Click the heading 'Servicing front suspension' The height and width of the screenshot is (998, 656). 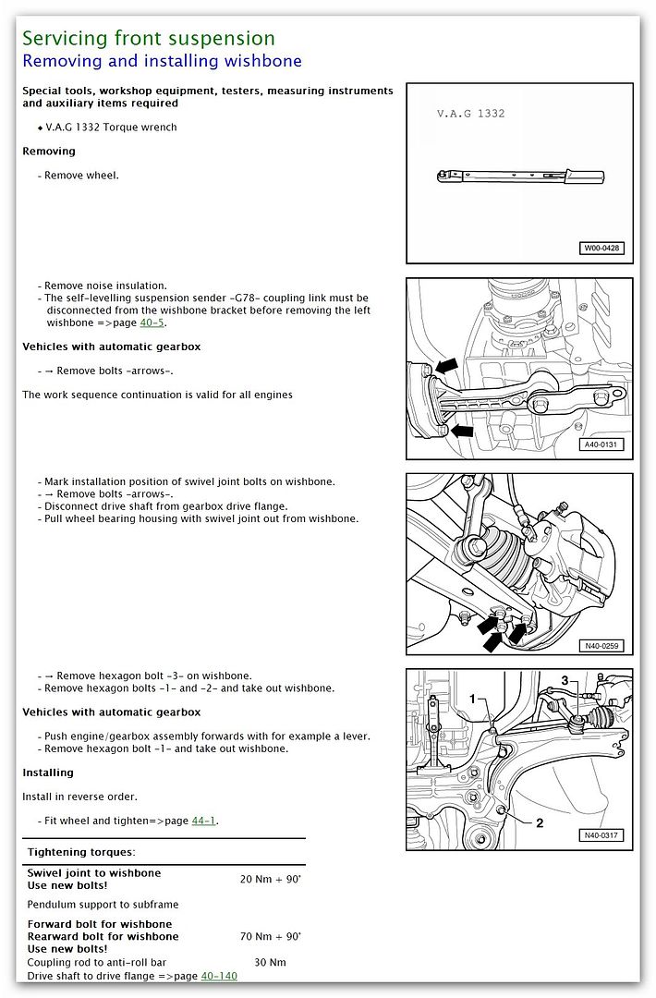[148, 39]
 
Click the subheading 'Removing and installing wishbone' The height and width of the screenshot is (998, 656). [162, 62]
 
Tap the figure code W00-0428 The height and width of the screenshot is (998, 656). [601, 248]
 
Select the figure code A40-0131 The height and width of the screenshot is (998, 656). [601, 444]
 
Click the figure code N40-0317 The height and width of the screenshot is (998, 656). [601, 835]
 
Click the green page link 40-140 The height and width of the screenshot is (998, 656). [219, 975]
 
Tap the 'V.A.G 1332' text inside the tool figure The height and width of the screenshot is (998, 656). [471, 114]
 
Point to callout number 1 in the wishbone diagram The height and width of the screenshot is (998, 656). [472, 700]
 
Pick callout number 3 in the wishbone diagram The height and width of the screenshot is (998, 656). [565, 682]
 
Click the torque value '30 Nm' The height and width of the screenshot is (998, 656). [270, 962]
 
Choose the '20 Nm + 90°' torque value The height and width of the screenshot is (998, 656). [270, 879]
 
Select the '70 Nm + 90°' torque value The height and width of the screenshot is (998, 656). [270, 936]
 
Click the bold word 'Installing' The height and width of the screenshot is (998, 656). [48, 773]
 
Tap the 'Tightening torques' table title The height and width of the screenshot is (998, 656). [81, 851]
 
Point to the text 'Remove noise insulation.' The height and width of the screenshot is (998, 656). [105, 286]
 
